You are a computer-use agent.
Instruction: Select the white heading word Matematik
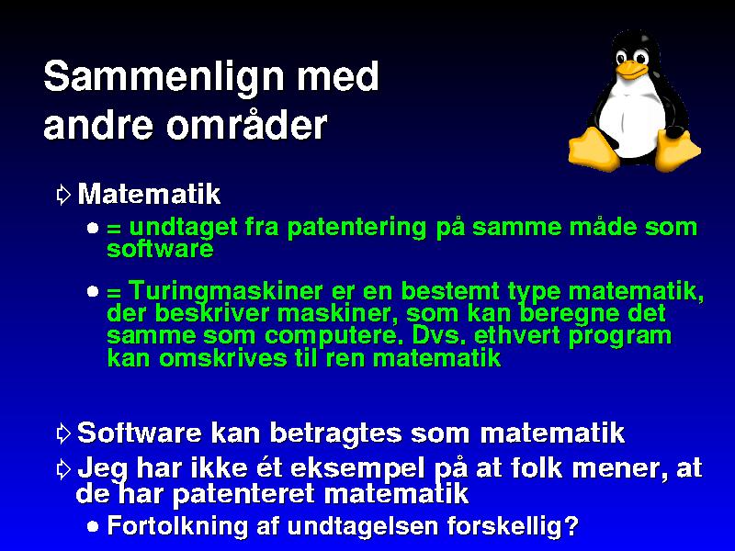point(149,194)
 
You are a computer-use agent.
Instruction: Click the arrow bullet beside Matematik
point(62,195)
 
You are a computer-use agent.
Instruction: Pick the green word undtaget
point(183,228)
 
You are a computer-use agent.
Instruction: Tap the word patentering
point(356,228)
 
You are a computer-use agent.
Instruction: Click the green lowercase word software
point(160,248)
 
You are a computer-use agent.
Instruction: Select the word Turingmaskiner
point(225,291)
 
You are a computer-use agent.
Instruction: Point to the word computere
point(331,336)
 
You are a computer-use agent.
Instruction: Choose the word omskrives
point(222,358)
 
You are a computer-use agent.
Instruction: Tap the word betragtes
point(335,433)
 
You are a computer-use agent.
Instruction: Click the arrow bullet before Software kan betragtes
point(62,433)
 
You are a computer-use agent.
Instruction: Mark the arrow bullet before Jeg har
point(62,469)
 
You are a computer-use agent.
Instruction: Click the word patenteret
point(246,494)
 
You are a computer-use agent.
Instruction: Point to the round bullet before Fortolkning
point(93,526)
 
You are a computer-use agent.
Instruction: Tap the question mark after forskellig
point(571,525)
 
